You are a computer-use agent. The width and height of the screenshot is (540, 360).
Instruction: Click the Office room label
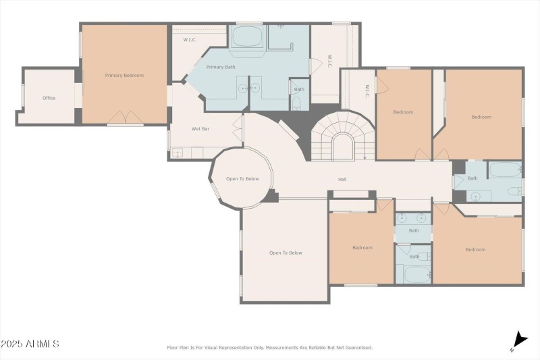[x=49, y=98]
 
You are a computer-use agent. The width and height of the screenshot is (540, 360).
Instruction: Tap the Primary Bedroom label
[x=124, y=76]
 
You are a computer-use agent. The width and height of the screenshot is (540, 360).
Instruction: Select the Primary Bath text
[x=220, y=67]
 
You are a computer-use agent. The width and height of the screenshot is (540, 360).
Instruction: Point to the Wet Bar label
[x=200, y=128]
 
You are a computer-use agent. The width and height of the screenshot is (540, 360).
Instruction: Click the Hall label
[x=342, y=180]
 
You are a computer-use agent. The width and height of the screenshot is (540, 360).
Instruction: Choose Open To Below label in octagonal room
[x=242, y=179]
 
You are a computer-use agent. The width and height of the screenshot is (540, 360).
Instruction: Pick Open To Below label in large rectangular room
[x=286, y=253]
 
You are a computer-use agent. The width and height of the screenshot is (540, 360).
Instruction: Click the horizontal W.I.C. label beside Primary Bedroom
[x=190, y=40]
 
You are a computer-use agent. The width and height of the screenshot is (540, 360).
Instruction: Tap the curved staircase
[x=341, y=138]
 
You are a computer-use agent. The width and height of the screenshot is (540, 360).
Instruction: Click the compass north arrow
[x=519, y=340]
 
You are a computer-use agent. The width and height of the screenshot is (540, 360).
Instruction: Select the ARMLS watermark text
[x=30, y=344]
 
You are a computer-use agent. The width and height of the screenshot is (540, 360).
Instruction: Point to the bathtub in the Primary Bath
[x=248, y=36]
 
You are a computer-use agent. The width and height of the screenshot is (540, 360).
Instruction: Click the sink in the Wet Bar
[x=178, y=153]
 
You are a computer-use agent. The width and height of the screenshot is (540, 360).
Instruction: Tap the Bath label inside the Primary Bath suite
[x=299, y=89]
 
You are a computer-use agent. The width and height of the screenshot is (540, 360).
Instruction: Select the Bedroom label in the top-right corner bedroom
[x=481, y=117]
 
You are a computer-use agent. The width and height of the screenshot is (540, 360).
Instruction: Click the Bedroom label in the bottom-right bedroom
[x=475, y=249]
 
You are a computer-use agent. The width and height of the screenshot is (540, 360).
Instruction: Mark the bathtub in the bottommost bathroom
[x=416, y=274]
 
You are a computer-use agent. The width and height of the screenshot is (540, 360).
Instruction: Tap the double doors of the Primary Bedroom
[x=126, y=118]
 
